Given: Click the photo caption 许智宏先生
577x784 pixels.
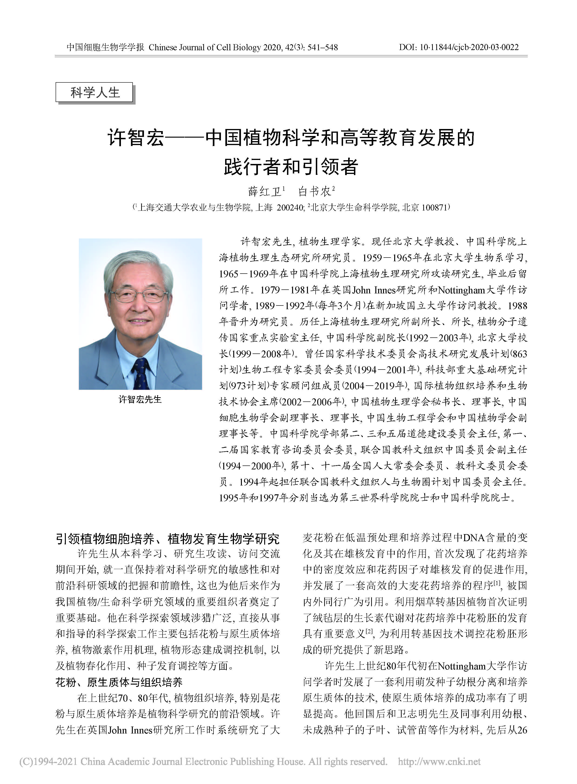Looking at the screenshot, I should pos(140,399).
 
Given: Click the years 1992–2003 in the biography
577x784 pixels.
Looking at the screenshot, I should pos(434,338).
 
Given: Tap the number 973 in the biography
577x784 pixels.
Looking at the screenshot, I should pos(238,386).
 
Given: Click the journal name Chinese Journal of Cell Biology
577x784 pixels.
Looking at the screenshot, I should pos(205,47).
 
